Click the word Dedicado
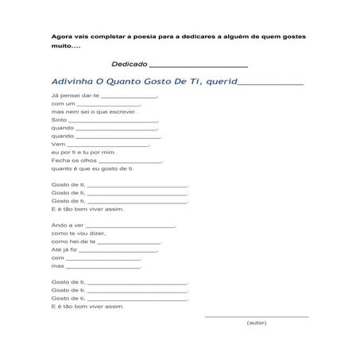coord(129,64)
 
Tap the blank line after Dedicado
coord(198,65)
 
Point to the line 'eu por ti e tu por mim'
coord(83,152)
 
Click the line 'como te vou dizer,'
coord(78,234)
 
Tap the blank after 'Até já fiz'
coord(120,251)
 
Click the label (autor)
coord(257,323)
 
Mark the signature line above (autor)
coord(257,316)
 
